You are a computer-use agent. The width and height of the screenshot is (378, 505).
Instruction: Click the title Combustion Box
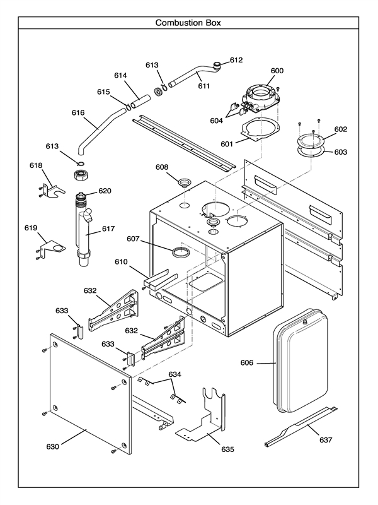188,23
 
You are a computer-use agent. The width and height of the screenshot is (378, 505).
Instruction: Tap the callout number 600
277,71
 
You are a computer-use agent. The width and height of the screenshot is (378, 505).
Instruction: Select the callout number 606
248,362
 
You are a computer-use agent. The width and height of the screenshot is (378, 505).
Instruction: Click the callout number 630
52,446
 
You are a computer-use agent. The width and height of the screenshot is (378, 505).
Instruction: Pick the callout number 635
227,449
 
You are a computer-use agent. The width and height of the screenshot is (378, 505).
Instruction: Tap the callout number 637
326,439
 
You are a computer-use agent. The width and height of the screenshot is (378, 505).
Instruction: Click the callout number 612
236,60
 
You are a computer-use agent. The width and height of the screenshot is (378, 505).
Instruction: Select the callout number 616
78,113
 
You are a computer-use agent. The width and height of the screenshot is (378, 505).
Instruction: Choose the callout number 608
162,167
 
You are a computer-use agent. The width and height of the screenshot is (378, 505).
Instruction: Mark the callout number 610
121,261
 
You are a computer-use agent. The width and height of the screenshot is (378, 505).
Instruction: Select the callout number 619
31,227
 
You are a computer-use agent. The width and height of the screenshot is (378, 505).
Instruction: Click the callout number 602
340,129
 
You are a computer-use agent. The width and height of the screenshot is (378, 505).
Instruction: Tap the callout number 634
175,374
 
